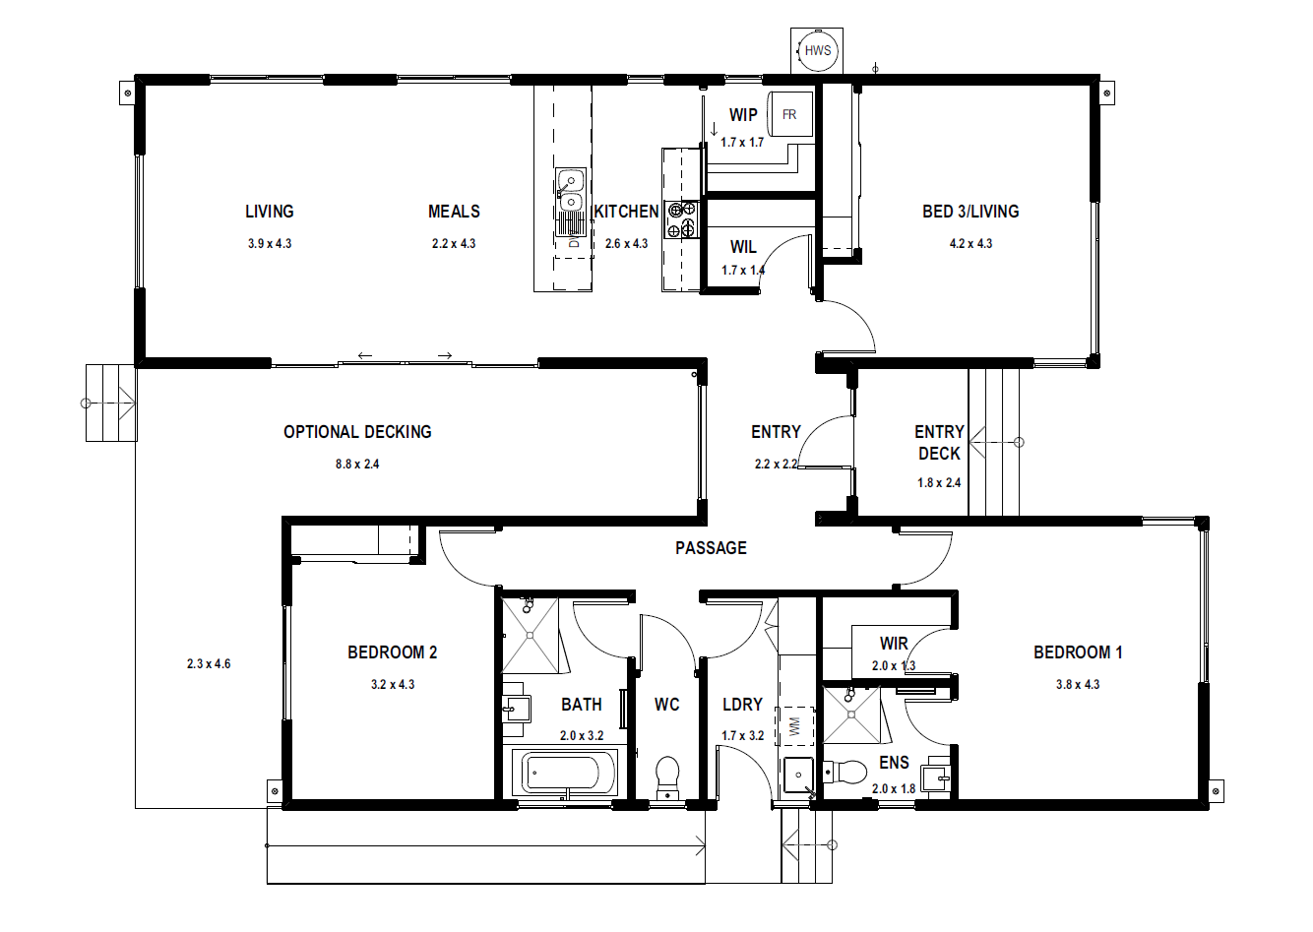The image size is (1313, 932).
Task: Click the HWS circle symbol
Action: (x=817, y=51)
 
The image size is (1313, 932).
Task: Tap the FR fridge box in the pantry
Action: (x=789, y=114)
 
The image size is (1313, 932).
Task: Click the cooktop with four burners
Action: (x=681, y=219)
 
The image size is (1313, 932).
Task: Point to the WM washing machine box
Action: (x=795, y=726)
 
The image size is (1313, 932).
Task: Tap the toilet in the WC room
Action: (x=667, y=777)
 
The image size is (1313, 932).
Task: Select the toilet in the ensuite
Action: (x=844, y=772)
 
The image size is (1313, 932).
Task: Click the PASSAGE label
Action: (x=711, y=548)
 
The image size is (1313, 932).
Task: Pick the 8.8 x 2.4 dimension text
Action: (x=357, y=465)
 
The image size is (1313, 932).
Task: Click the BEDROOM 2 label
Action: (x=392, y=652)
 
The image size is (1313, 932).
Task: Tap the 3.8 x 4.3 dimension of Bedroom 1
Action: (x=1078, y=685)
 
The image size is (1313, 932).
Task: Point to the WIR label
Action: (x=894, y=644)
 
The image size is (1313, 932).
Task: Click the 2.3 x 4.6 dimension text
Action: (x=209, y=664)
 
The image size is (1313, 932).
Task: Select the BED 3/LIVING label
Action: (x=970, y=212)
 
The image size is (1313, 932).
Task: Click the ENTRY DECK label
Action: (x=939, y=443)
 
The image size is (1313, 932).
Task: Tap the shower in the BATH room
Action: (x=531, y=636)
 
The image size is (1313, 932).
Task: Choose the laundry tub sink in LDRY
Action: (x=798, y=775)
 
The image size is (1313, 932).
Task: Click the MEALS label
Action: (x=454, y=212)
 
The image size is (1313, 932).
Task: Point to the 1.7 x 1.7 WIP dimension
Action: (x=742, y=143)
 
